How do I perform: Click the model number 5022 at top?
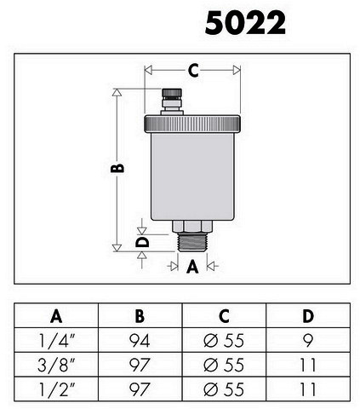pyautogui.click(x=245, y=23)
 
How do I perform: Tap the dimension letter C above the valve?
pyautogui.click(x=193, y=71)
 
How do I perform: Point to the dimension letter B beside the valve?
pyautogui.click(x=117, y=168)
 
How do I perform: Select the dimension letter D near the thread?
pyautogui.click(x=142, y=243)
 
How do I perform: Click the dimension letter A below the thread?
pyautogui.click(x=192, y=267)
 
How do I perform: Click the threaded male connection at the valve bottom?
pyautogui.click(x=192, y=242)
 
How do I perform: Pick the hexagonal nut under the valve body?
pyautogui.click(x=192, y=227)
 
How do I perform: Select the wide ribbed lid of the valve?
pyautogui.click(x=192, y=124)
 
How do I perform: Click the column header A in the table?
pyautogui.click(x=56, y=315)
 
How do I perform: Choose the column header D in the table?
pyautogui.click(x=308, y=315)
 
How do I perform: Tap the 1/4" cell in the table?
pyautogui.click(x=57, y=340)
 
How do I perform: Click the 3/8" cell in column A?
pyautogui.click(x=57, y=365)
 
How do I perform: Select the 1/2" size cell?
pyautogui.click(x=57, y=389)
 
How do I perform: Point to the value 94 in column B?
pyautogui.click(x=140, y=340)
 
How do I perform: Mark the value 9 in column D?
pyautogui.click(x=308, y=340)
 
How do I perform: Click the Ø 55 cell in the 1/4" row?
pyautogui.click(x=224, y=340)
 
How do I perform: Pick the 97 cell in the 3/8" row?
pyautogui.click(x=140, y=365)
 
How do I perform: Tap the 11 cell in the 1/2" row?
pyautogui.click(x=308, y=389)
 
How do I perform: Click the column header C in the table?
pyautogui.click(x=224, y=315)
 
